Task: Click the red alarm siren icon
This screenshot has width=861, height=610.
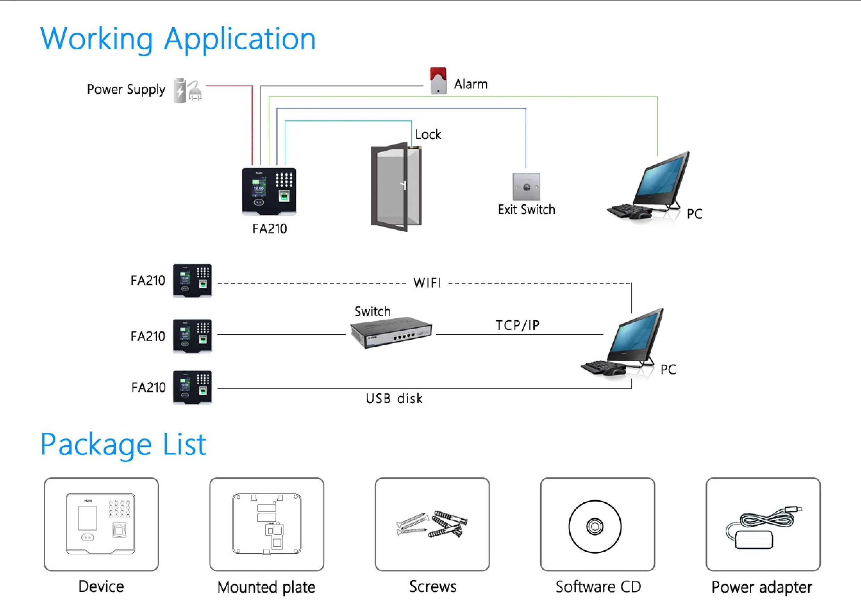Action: tap(438, 81)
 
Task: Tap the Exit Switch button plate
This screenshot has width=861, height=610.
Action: tap(526, 187)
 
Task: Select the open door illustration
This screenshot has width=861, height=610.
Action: tap(396, 187)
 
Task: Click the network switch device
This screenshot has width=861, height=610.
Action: tap(391, 333)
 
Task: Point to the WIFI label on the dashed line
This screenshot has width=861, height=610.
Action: tap(427, 283)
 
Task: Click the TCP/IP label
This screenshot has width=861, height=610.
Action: tap(517, 325)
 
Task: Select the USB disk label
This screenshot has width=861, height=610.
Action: tap(394, 398)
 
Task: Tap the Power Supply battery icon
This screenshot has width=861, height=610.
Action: tap(180, 90)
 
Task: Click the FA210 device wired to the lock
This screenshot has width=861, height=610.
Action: tap(269, 191)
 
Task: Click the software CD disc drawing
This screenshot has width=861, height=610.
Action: tap(595, 526)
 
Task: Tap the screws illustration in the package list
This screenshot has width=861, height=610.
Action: tap(432, 524)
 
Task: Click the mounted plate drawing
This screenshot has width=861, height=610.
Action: tap(267, 524)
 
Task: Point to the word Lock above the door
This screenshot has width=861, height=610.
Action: tap(428, 134)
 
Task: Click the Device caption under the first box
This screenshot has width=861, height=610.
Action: tap(101, 587)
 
